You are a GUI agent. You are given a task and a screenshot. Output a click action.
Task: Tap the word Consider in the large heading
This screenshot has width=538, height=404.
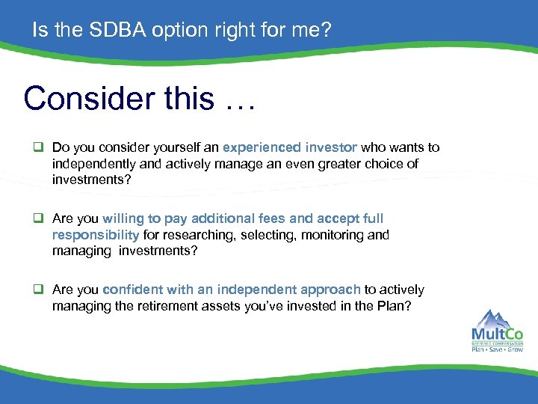78,97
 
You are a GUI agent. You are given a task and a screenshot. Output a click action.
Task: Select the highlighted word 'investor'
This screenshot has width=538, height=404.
332,147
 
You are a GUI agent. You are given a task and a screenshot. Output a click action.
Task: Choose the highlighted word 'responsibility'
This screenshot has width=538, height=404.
96,235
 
